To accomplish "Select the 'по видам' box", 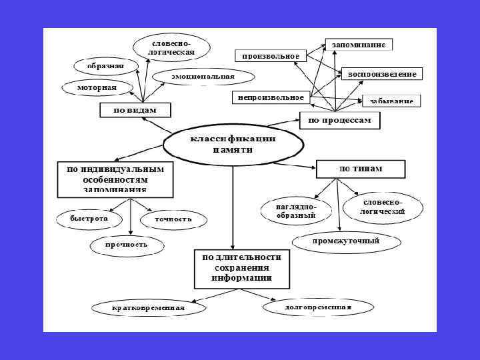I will [135, 110].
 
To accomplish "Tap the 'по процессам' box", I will [339, 121].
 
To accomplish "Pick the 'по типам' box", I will [361, 169].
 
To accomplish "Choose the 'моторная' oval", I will [97, 87].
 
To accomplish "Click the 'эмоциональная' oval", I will [203, 77].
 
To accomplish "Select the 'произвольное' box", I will [271, 56].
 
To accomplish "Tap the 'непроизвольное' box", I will [271, 98].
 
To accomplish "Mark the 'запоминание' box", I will [359, 45].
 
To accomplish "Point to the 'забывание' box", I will [391, 101].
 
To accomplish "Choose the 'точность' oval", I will [173, 219].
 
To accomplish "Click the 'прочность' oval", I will [126, 245].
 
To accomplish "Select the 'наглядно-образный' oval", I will [295, 211].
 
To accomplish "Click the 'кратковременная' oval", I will [148, 308].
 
